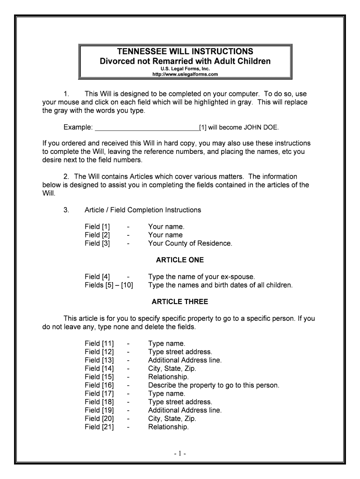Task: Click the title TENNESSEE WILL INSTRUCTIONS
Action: [186, 51]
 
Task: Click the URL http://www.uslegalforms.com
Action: [186, 74]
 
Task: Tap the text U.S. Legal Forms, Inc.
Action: [186, 68]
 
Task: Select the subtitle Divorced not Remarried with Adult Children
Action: [186, 61]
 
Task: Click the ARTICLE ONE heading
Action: [180, 260]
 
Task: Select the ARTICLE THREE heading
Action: [180, 302]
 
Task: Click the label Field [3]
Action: [97, 243]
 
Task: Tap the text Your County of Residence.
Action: [190, 243]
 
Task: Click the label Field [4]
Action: [97, 276]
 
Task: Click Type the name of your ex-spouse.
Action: [202, 276]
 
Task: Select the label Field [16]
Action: [99, 385]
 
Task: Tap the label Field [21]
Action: [99, 427]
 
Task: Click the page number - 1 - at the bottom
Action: [180, 454]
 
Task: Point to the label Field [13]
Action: [99, 360]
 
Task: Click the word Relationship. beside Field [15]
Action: [168, 377]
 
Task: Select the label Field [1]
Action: [97, 226]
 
